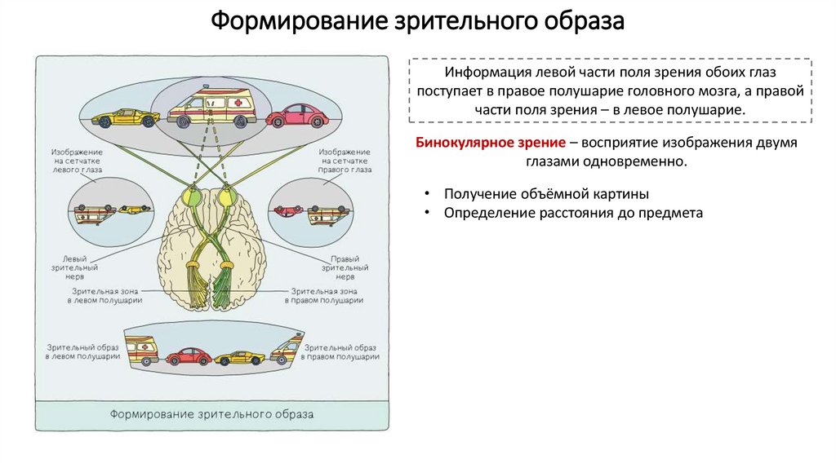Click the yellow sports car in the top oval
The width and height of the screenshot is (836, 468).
click(x=125, y=117)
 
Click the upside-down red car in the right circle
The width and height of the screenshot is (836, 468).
click(x=287, y=210)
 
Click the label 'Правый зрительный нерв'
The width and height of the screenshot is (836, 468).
click(x=340, y=267)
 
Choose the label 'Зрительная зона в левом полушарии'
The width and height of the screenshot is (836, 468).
click(x=104, y=295)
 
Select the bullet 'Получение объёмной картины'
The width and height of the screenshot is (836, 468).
click(x=546, y=194)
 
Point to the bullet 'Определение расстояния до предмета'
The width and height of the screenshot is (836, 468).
click(x=573, y=213)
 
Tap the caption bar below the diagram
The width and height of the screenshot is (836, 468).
click(x=211, y=413)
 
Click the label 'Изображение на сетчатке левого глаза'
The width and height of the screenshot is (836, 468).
click(x=77, y=161)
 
